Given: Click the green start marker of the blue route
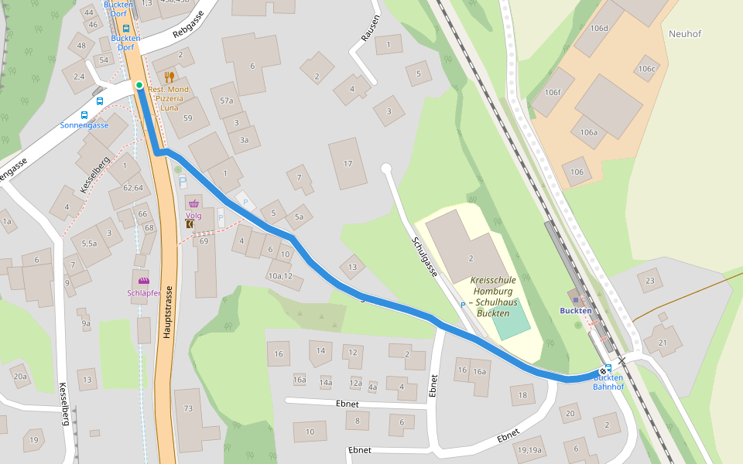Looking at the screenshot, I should [139, 85].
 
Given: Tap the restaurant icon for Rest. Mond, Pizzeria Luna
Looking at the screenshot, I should [169, 77].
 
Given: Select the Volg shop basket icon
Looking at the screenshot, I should [193, 203].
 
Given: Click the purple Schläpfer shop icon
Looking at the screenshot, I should [143, 281].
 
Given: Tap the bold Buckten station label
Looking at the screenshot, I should [576, 311].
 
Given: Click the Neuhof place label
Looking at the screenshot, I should [685, 33].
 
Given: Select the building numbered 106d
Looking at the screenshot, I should [599, 29].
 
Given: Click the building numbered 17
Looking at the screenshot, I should [348, 163].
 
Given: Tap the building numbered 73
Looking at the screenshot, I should [188, 408].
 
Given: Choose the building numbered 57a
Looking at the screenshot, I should [227, 101].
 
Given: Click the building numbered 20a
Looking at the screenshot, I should [20, 377].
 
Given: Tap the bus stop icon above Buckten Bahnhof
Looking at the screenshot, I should [608, 368].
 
